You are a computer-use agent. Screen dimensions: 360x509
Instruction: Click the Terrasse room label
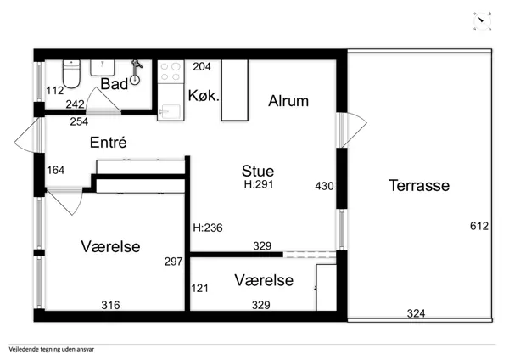tap(419, 185)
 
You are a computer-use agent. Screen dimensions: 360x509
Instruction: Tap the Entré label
tap(108, 143)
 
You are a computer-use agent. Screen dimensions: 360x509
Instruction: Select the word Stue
tap(258, 171)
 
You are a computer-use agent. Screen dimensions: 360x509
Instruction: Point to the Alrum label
tap(288, 101)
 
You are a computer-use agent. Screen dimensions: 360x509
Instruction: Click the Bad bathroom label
tap(114, 84)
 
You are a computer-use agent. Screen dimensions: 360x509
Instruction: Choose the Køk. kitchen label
tap(204, 96)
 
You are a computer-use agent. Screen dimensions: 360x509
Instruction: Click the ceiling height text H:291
tap(258, 184)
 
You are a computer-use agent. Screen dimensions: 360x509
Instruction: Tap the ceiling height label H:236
tap(207, 227)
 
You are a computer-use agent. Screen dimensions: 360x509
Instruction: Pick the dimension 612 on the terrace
tap(479, 226)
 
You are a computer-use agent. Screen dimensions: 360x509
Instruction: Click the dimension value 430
tap(324, 186)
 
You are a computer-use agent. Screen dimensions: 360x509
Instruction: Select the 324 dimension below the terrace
tap(416, 314)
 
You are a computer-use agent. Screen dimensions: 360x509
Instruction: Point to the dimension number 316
tap(110, 305)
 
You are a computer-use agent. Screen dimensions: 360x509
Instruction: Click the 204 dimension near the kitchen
tap(202, 66)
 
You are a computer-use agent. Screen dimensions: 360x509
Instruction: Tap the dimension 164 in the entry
tap(55, 170)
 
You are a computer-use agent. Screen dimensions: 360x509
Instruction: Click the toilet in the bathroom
tap(72, 76)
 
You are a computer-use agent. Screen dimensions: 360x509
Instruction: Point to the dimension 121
tap(199, 289)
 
